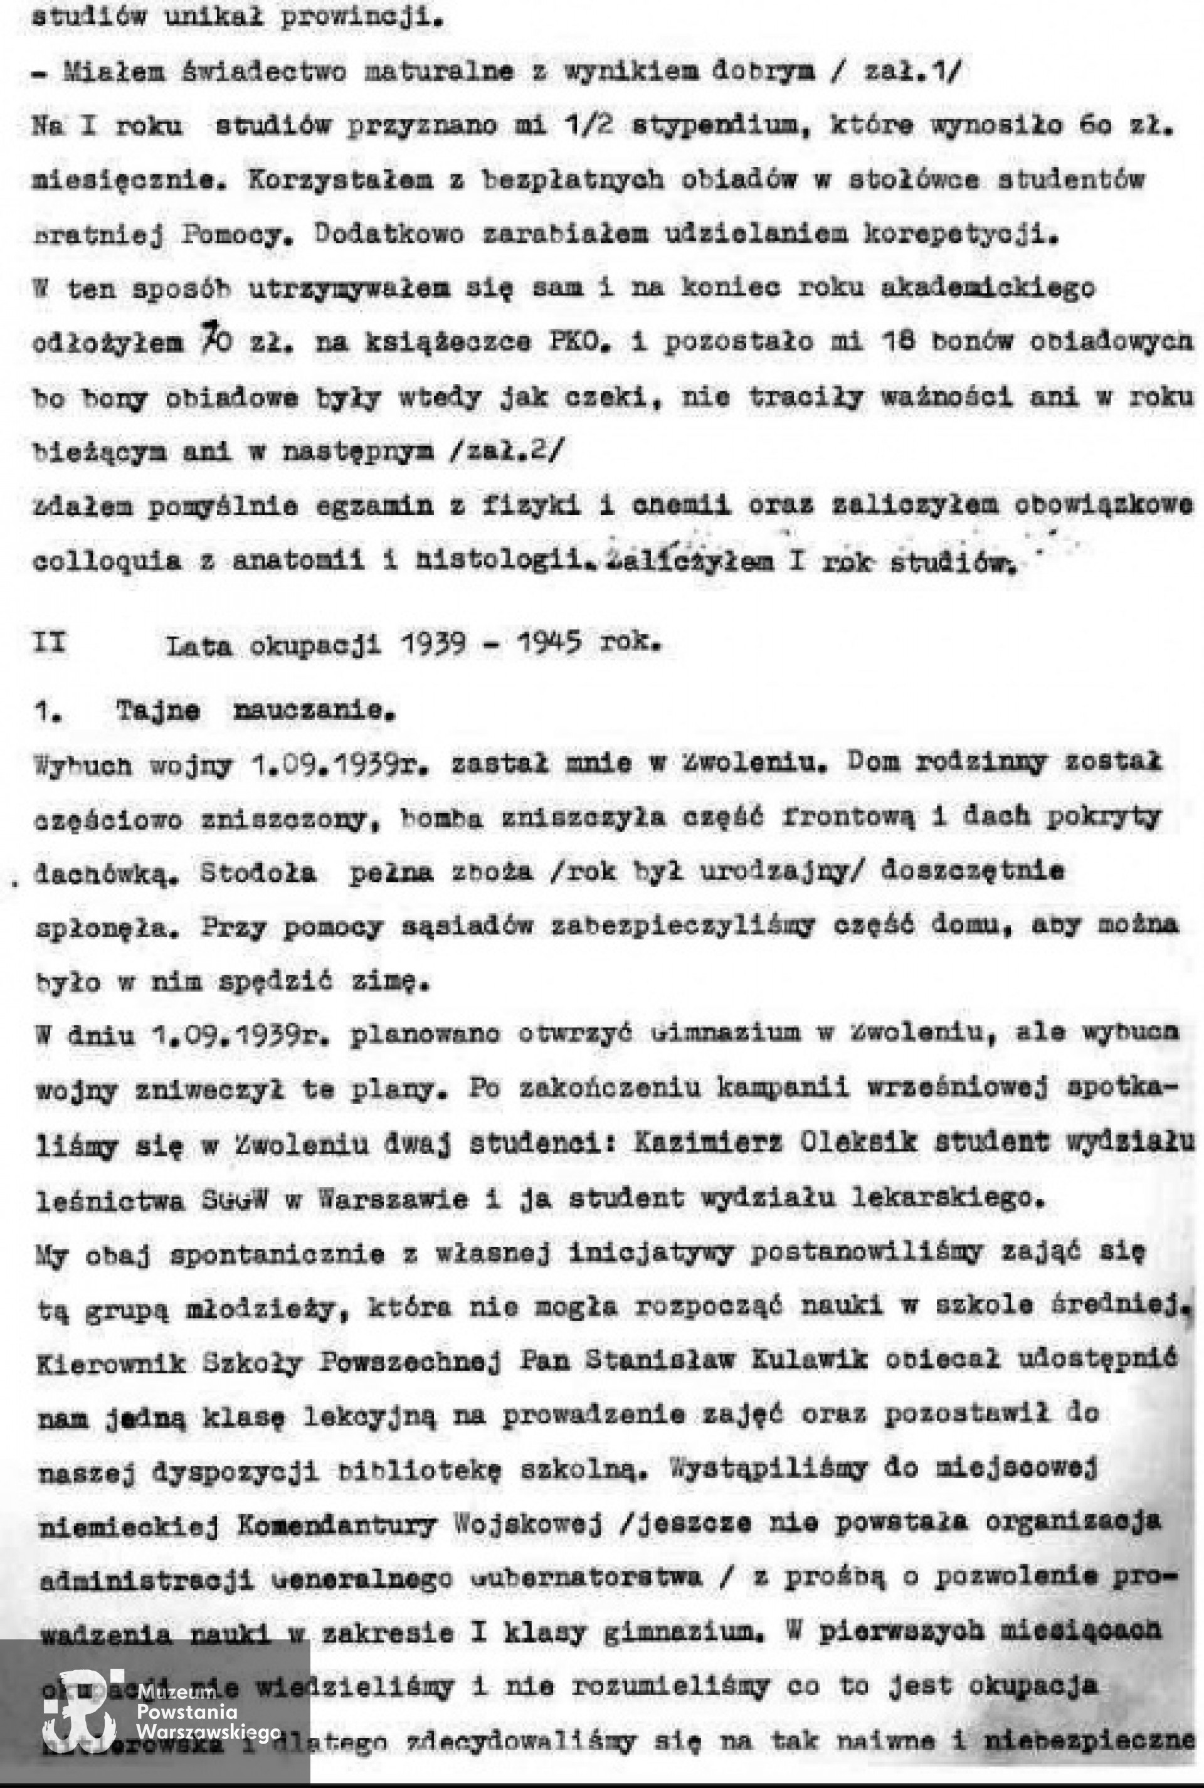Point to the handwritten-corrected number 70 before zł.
coord(216,340)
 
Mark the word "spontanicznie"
coord(277,1254)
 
